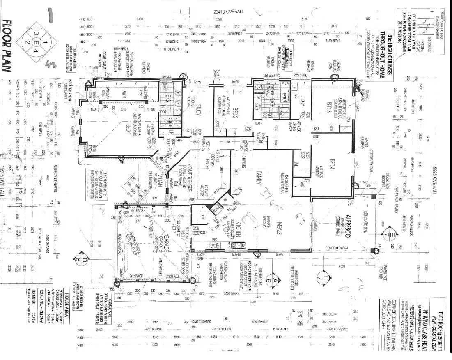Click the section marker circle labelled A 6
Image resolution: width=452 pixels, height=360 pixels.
tap(270, 280)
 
